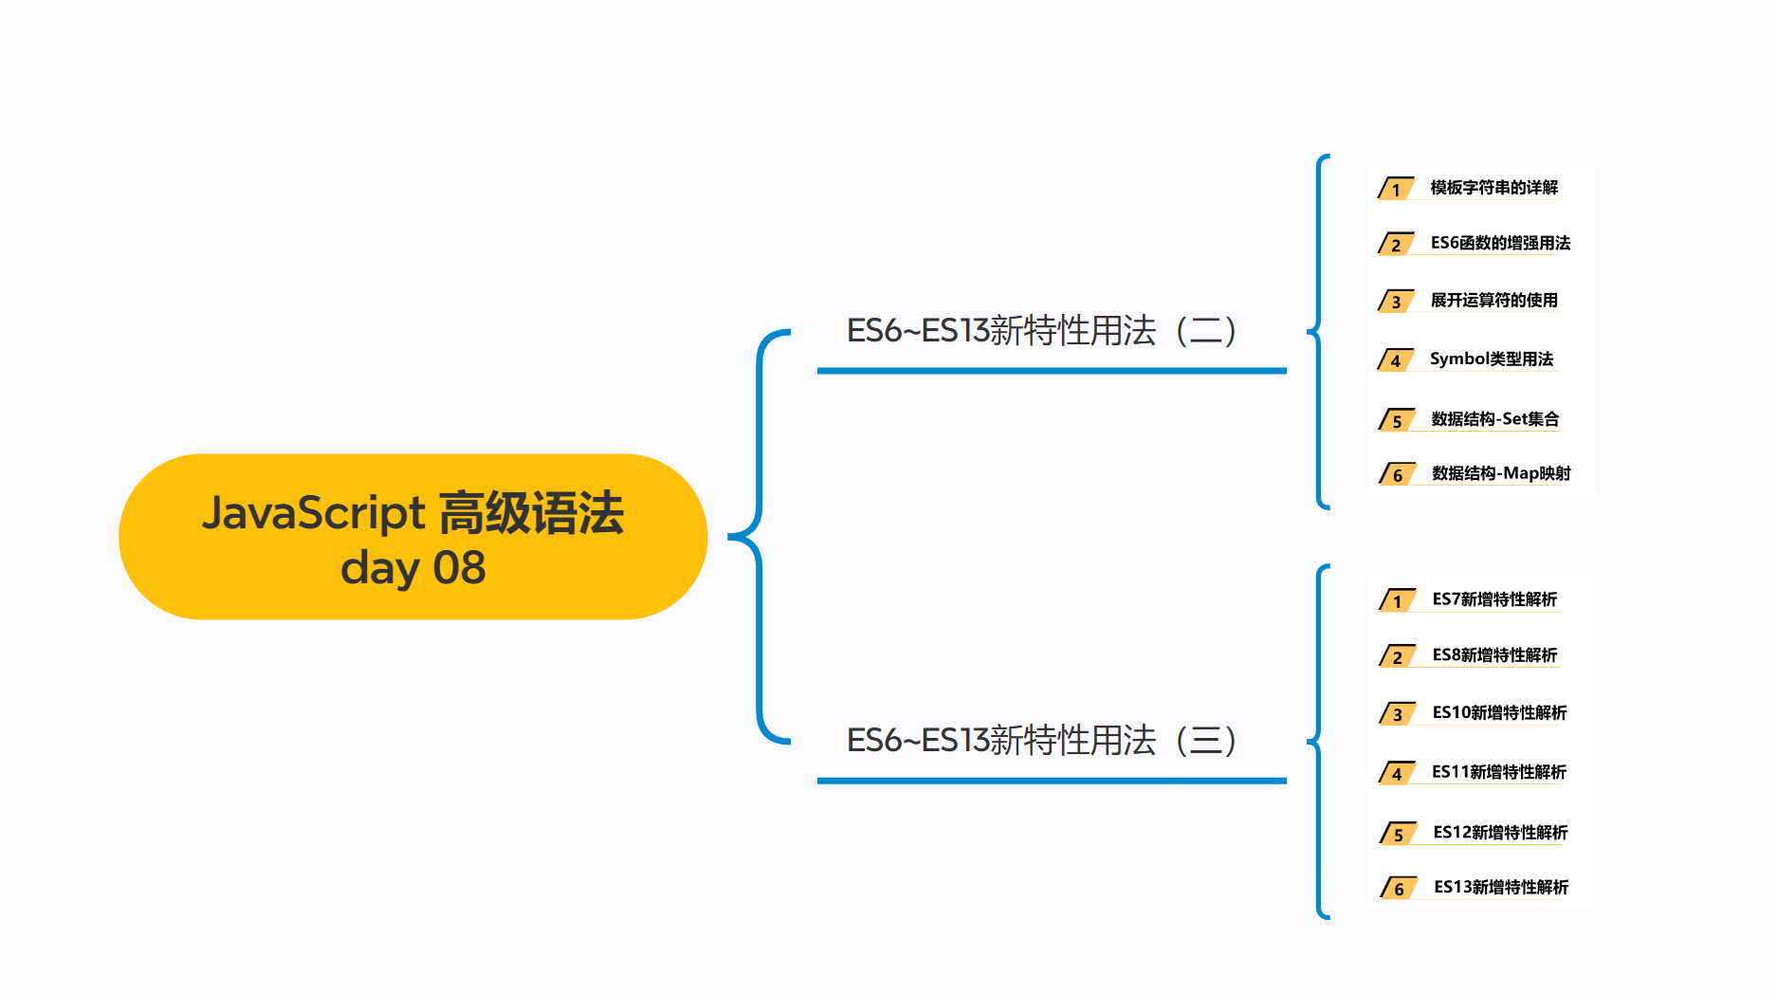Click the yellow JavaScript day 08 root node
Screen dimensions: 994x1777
[412, 537]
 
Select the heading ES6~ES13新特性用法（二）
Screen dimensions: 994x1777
[1041, 331]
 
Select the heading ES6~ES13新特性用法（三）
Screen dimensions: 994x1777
[1041, 741]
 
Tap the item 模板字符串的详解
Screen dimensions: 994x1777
[1493, 188]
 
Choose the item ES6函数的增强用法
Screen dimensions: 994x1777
[1500, 243]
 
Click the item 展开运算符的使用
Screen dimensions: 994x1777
[1493, 301]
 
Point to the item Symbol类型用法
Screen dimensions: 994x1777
[1492, 359]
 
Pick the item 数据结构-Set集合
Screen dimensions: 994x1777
[1494, 418]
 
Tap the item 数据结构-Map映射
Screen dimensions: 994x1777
[1501, 473]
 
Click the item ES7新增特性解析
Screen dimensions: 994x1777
[1494, 599]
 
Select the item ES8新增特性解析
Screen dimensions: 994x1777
[1494, 655]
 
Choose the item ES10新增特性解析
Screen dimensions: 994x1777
[1499, 712]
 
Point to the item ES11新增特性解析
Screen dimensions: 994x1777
[1498, 772]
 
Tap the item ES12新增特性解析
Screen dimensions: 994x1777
[1500, 832]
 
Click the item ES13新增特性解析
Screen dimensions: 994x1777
[1501, 887]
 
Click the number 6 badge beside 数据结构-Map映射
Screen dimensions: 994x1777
[1398, 474]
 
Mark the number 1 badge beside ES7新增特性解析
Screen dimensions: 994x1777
[1397, 601]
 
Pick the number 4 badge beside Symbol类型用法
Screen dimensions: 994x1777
[1395, 360]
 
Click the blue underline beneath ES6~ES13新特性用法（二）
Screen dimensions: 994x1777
[1052, 371]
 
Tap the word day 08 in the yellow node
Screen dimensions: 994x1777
[412, 568]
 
